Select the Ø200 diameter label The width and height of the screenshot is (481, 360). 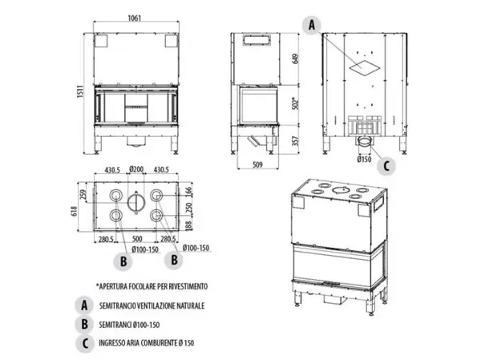point(135,169)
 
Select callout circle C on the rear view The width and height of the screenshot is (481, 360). point(387,166)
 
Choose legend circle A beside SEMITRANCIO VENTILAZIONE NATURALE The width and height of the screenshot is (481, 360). point(83,305)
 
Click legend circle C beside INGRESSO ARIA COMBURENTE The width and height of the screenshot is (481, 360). point(83,343)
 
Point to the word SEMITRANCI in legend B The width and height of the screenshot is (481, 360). point(119,325)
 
